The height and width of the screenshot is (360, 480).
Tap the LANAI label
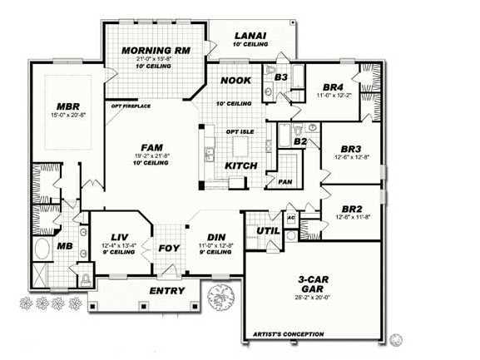(x=250, y=35)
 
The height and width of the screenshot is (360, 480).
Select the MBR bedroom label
(x=68, y=106)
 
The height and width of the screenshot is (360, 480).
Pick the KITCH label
(x=241, y=165)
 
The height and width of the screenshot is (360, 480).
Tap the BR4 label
(x=334, y=86)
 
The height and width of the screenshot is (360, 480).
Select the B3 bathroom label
(x=280, y=76)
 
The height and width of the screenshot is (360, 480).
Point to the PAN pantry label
(x=285, y=181)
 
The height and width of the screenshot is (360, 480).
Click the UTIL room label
(x=268, y=229)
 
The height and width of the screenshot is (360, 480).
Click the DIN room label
(x=216, y=236)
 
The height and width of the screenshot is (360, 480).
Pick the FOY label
(x=169, y=248)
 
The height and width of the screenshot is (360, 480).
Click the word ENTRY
(x=166, y=290)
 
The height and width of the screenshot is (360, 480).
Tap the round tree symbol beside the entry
(x=220, y=295)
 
